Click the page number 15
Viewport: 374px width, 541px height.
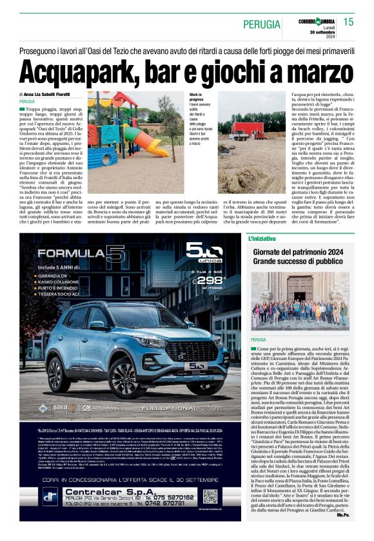pos(349,22)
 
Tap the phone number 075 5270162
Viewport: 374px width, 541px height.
pos(172,498)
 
